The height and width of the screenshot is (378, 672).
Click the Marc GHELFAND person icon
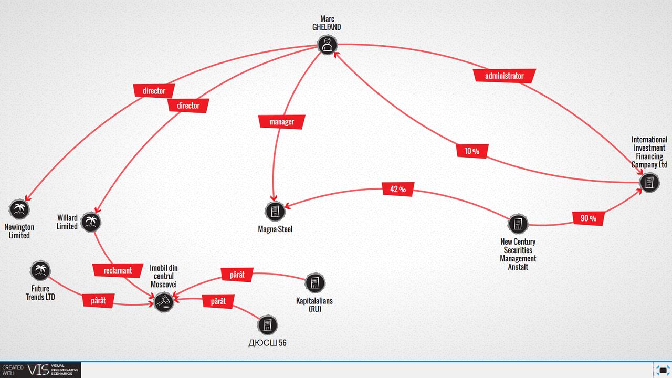tap(327, 45)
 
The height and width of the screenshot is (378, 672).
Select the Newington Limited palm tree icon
tap(19, 209)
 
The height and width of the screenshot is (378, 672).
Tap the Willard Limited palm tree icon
tap(91, 222)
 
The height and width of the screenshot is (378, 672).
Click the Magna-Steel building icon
tap(275, 211)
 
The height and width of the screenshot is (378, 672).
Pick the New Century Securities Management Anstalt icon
tap(518, 224)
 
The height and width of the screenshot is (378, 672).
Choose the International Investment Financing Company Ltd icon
tap(649, 182)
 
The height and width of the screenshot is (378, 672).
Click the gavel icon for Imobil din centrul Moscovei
tap(164, 302)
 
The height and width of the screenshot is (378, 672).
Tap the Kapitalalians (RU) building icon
tap(314, 282)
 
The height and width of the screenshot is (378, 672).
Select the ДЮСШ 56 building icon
tap(267, 325)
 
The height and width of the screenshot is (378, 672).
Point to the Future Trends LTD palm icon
tap(40, 270)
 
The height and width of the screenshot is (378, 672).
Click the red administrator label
tap(505, 76)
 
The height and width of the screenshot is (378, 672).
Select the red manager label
tap(282, 122)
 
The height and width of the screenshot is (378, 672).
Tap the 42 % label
tap(398, 190)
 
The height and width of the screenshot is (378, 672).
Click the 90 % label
tap(589, 218)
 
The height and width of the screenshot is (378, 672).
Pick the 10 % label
tap(472, 151)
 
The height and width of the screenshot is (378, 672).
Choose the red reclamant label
tap(118, 270)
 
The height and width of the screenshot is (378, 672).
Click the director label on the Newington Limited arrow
tap(154, 91)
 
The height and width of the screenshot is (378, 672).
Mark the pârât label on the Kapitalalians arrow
tap(237, 275)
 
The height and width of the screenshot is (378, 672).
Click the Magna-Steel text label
tap(275, 229)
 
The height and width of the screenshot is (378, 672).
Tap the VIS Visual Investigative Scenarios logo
tap(40, 370)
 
